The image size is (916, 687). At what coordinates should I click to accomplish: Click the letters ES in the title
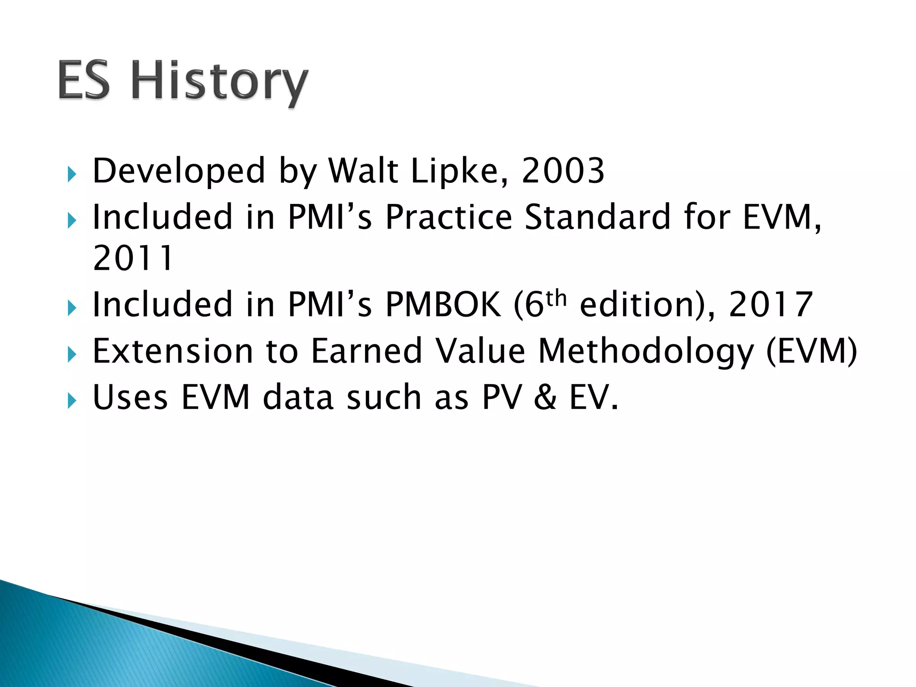[84, 81]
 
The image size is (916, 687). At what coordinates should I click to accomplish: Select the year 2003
[563, 171]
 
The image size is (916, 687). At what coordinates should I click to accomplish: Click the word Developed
[179, 172]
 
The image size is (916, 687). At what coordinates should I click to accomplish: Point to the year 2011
[133, 259]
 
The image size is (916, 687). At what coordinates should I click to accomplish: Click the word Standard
[598, 217]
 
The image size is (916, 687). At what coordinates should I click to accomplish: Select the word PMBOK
[443, 305]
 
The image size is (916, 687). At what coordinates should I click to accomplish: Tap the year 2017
[771, 305]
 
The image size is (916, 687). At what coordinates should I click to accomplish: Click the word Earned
[367, 351]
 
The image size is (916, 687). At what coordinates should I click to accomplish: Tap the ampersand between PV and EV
[545, 397]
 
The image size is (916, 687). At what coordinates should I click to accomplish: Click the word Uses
[130, 397]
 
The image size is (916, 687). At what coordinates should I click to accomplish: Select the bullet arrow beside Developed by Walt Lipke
[72, 174]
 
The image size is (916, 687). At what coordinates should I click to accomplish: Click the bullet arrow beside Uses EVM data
[72, 401]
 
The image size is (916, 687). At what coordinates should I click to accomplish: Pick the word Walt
[363, 171]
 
